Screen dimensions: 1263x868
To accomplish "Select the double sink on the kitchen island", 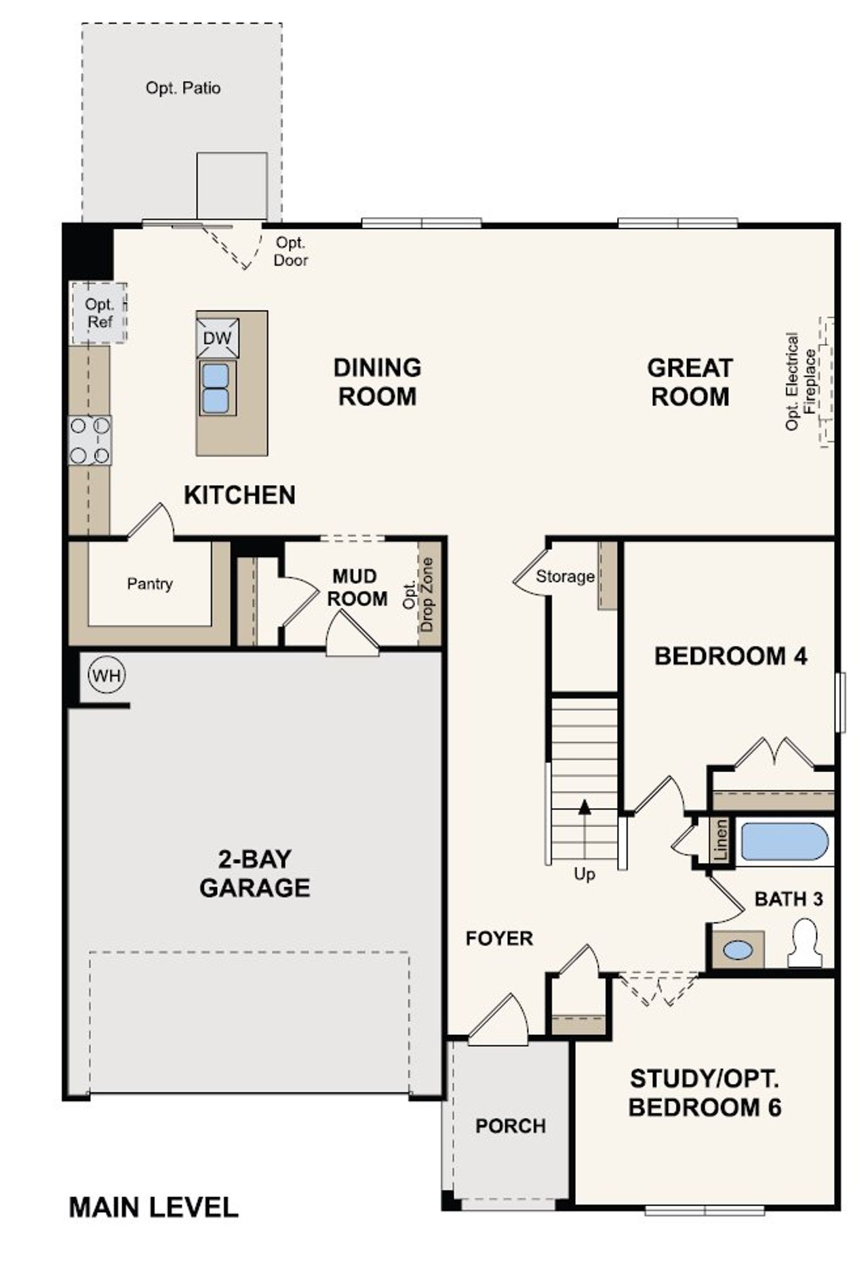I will point(217,388).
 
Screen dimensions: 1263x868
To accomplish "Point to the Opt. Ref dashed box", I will point(99,313).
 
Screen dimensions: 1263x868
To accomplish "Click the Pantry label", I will point(149,584).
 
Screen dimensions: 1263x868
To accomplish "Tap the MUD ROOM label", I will point(357,587).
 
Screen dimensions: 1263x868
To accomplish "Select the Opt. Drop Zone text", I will point(419,595).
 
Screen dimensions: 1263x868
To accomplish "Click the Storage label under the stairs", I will point(564,577).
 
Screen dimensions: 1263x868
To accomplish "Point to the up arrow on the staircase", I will point(585,807).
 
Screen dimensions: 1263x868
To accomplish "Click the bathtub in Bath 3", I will point(784,842).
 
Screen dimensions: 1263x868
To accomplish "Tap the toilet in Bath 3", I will point(806,943).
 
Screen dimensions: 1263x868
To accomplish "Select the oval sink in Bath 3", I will point(737,950).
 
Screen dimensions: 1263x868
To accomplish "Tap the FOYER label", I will point(499,939).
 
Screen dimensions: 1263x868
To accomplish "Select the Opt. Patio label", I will point(183,88).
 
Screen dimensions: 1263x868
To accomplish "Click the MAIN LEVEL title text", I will point(154,1208).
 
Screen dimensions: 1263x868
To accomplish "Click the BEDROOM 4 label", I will point(730,657).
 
